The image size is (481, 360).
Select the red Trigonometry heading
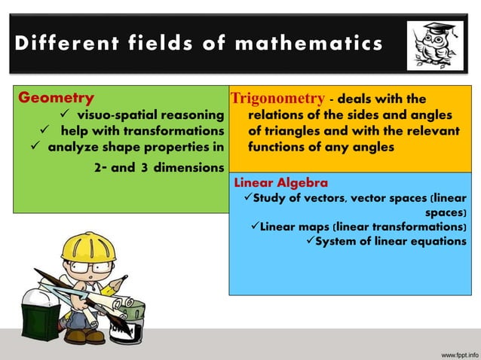278,99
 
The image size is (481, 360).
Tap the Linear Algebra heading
281,182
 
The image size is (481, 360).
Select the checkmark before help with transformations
45,130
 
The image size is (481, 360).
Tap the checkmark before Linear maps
253,227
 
